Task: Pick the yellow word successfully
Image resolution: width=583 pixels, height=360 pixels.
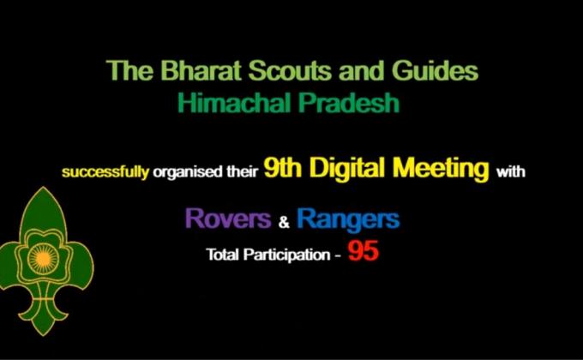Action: (x=105, y=172)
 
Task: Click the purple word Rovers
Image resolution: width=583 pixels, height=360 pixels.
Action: (x=228, y=219)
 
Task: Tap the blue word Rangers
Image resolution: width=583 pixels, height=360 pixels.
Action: (x=347, y=219)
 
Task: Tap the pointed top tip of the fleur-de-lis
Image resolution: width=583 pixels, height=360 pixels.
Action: (x=45, y=189)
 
